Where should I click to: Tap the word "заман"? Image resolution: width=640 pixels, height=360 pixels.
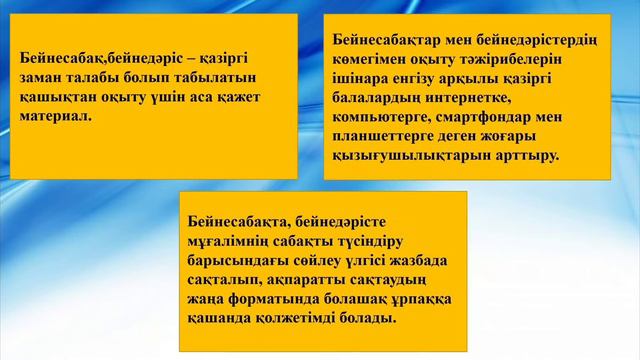[41, 79]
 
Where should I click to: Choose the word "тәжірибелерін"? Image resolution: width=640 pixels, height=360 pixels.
[515, 60]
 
